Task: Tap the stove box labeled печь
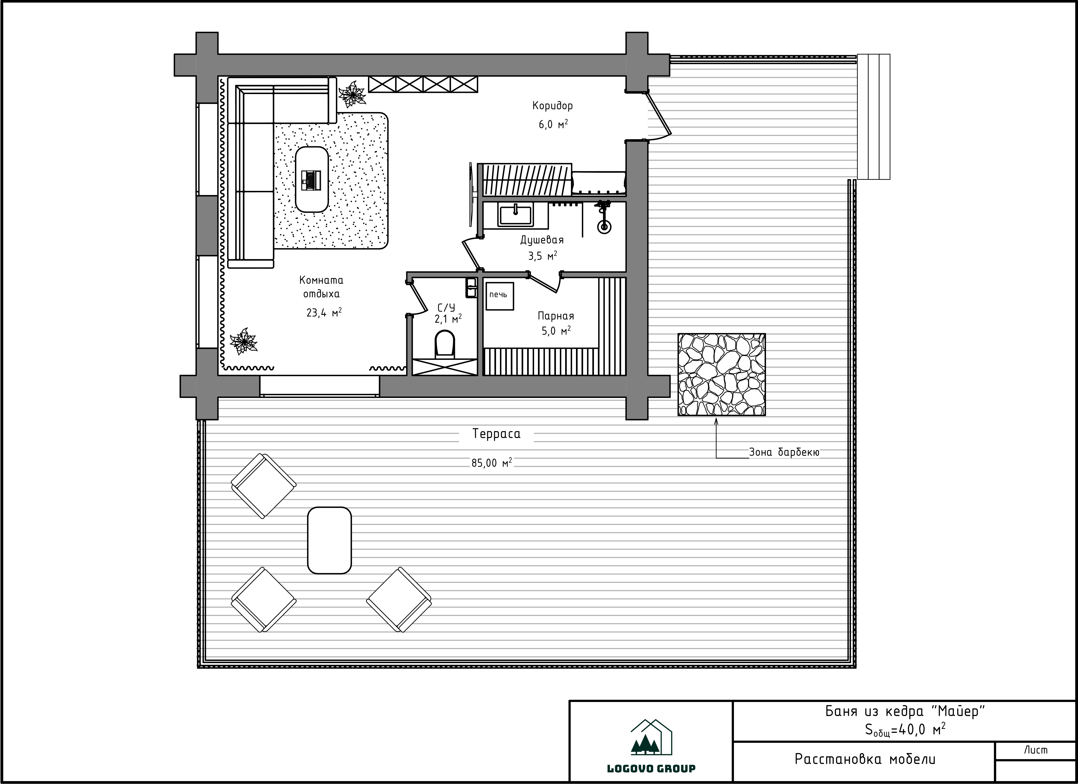(x=499, y=296)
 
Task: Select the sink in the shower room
(x=515, y=215)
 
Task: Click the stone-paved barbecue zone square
(x=722, y=375)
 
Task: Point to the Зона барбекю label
(x=784, y=452)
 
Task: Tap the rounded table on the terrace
(x=329, y=540)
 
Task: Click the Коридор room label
(x=552, y=106)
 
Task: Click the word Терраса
(x=496, y=434)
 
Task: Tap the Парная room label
(x=556, y=316)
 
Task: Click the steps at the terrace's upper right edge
(x=874, y=117)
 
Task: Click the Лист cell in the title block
(x=1035, y=750)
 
